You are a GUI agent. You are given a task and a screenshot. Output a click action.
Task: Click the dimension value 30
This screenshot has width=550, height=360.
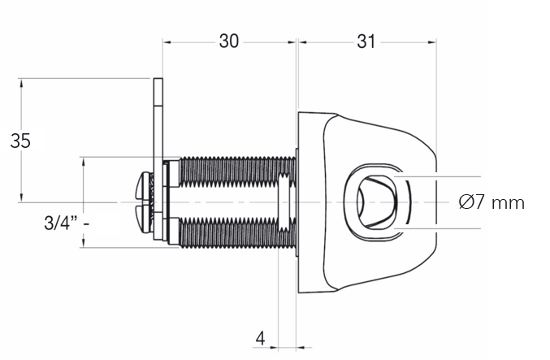click(x=229, y=41)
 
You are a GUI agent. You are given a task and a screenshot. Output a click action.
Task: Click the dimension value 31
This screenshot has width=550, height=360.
click(x=366, y=41)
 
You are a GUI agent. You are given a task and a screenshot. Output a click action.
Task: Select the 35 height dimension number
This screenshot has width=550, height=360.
click(x=20, y=141)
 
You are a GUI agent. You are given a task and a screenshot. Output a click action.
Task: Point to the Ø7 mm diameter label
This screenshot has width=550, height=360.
click(x=492, y=202)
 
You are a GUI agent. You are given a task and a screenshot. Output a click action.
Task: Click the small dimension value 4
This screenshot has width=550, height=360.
click(x=260, y=339)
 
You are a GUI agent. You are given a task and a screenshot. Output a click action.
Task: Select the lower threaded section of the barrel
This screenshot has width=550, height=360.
click(x=237, y=232)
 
